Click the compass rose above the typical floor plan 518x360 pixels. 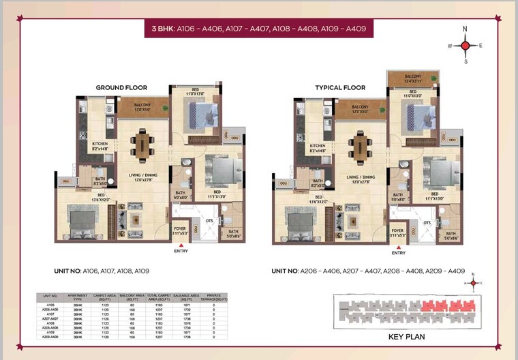[466, 45]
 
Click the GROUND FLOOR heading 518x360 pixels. [121, 87]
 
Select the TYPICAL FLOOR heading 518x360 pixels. [340, 87]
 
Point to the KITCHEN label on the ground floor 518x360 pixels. [100, 145]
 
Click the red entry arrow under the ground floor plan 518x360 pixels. [181, 244]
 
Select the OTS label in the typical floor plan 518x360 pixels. [427, 223]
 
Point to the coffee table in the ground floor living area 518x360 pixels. [134, 220]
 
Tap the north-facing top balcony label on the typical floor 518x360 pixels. [413, 78]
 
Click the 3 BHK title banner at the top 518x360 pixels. [258, 29]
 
